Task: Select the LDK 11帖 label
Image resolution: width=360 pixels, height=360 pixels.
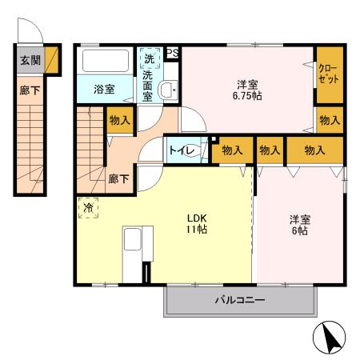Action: tap(198, 223)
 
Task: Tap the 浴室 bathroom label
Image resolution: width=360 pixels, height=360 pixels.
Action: tap(103, 88)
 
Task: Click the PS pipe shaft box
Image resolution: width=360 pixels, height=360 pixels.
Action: tap(172, 53)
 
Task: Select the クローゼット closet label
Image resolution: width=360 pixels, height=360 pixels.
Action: tap(328, 76)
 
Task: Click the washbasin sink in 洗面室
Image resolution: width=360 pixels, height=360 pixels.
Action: tap(168, 90)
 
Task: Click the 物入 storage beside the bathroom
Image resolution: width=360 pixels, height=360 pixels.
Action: tap(119, 120)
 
